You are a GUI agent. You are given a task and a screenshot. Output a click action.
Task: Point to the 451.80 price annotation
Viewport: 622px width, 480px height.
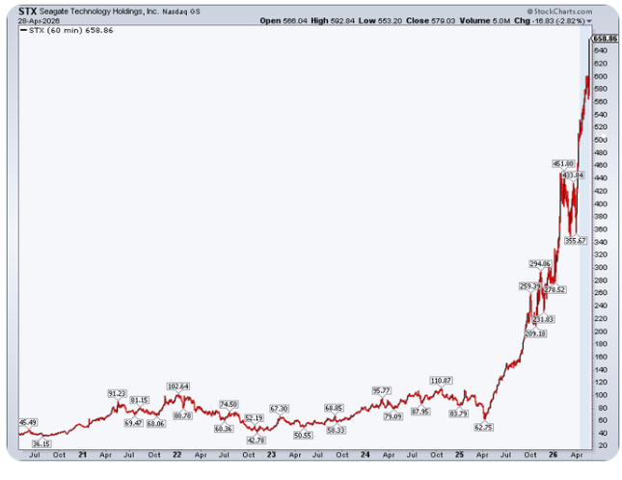[563, 164]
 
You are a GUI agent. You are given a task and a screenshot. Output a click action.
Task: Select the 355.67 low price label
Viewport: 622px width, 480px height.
[576, 241]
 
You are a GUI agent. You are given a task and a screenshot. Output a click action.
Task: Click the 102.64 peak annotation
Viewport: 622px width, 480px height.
[178, 387]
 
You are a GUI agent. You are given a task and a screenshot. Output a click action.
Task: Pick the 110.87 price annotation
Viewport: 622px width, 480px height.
[441, 381]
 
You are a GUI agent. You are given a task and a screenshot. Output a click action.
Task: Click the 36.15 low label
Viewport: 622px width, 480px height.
[41, 443]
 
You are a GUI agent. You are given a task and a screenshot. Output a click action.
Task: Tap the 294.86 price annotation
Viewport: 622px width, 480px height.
[539, 263]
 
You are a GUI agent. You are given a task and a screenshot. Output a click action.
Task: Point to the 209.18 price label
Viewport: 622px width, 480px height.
[534, 333]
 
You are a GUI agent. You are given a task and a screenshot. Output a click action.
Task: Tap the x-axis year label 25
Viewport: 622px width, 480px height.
[457, 455]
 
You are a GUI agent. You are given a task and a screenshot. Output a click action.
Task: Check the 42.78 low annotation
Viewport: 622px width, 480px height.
[256, 440]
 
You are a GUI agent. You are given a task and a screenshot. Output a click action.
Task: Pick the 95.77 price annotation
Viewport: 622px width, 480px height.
[381, 390]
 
